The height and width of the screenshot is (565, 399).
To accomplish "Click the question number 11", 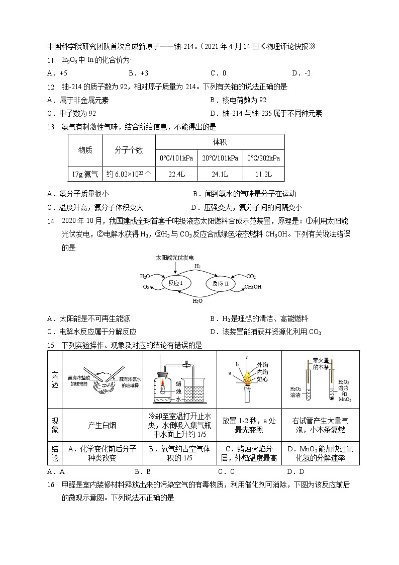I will point(51,60).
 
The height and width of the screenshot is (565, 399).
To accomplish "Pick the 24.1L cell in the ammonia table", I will point(220,174).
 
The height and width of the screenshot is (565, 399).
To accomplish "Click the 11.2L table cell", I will point(263,174).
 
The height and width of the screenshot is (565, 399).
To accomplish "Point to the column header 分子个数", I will point(129,150).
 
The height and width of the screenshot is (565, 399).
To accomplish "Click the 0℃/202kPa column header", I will point(263,158).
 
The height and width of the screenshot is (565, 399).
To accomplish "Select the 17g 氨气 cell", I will point(85,174).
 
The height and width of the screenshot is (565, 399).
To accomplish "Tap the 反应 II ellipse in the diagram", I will point(221,284).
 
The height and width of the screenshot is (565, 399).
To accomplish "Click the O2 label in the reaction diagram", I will point(146,287).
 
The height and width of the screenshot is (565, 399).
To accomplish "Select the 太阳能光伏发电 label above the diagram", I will point(174,257).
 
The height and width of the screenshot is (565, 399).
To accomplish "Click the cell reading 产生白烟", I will point(102,425).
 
